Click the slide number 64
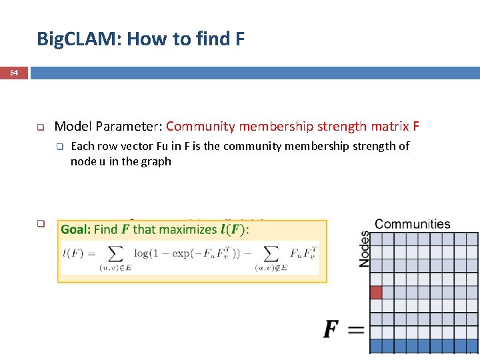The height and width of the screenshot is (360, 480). [x=14, y=73]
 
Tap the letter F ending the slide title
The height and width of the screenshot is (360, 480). [x=240, y=39]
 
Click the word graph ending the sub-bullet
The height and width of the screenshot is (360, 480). [x=157, y=161]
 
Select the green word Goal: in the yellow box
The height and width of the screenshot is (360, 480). [x=76, y=229]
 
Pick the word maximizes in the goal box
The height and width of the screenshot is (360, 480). [x=181, y=229]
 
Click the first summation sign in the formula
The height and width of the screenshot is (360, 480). [x=116, y=254]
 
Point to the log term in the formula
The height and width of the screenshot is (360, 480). [x=141, y=253]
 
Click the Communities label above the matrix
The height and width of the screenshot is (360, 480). [x=413, y=224]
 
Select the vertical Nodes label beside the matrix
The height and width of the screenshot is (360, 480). [x=365, y=249]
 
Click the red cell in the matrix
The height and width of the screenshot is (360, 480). [x=376, y=292]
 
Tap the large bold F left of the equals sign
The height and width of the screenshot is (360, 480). [x=331, y=329]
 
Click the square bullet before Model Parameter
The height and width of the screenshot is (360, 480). [x=40, y=127]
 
